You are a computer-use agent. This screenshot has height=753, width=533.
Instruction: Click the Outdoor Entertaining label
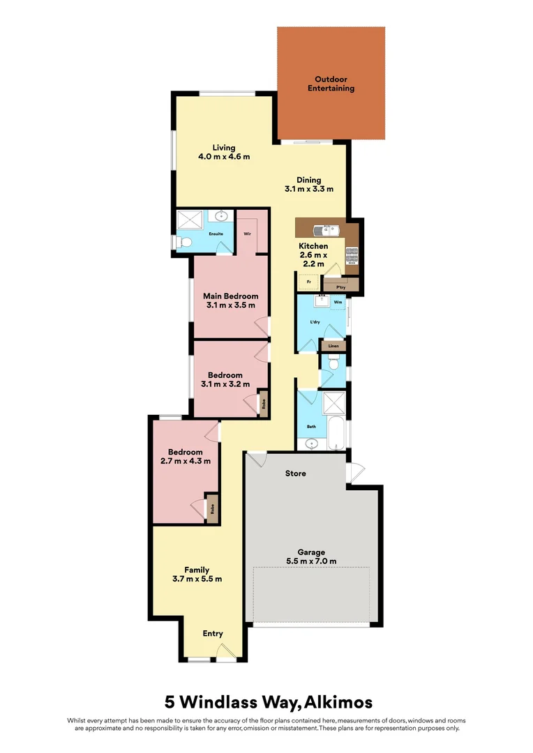[331, 84]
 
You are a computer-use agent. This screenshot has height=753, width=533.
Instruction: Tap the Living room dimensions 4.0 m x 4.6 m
[224, 157]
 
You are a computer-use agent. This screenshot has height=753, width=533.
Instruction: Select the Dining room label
[308, 180]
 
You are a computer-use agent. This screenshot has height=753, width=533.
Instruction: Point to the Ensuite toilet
[183, 242]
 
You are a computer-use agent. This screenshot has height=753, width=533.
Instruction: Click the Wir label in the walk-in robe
[247, 234]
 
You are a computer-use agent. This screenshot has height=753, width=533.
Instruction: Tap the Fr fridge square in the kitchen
[308, 282]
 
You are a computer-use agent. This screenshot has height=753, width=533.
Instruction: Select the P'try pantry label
[341, 287]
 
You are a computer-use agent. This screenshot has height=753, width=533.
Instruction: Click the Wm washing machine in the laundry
[338, 303]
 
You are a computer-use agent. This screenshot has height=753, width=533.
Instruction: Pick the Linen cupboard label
[333, 346]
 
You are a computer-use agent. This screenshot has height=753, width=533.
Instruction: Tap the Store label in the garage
[295, 473]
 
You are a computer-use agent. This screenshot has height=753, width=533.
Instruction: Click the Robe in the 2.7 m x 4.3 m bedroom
[211, 507]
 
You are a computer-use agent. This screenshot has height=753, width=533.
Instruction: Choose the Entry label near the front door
[213, 634]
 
